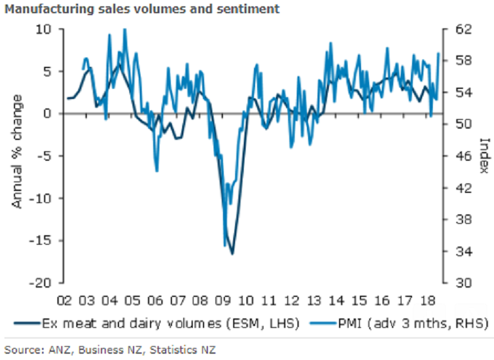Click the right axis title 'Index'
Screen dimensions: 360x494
coord(485,155)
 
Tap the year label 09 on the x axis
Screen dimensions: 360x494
coord(223,299)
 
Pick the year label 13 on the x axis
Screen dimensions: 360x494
coord(314,299)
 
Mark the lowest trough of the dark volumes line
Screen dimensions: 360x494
coord(233,254)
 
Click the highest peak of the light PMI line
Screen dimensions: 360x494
coord(125,28)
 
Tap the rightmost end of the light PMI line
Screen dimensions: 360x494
coord(439,53)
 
